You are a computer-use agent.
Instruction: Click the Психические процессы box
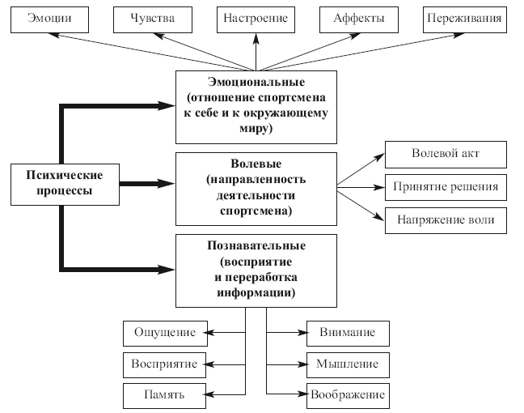pyautogui.click(x=64, y=183)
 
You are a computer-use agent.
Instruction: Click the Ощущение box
pyautogui.click(x=164, y=332)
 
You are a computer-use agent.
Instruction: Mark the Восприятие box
pyautogui.click(x=164, y=364)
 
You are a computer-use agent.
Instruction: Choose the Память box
pyautogui.click(x=164, y=395)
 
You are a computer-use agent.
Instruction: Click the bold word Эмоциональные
pyautogui.click(x=256, y=83)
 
